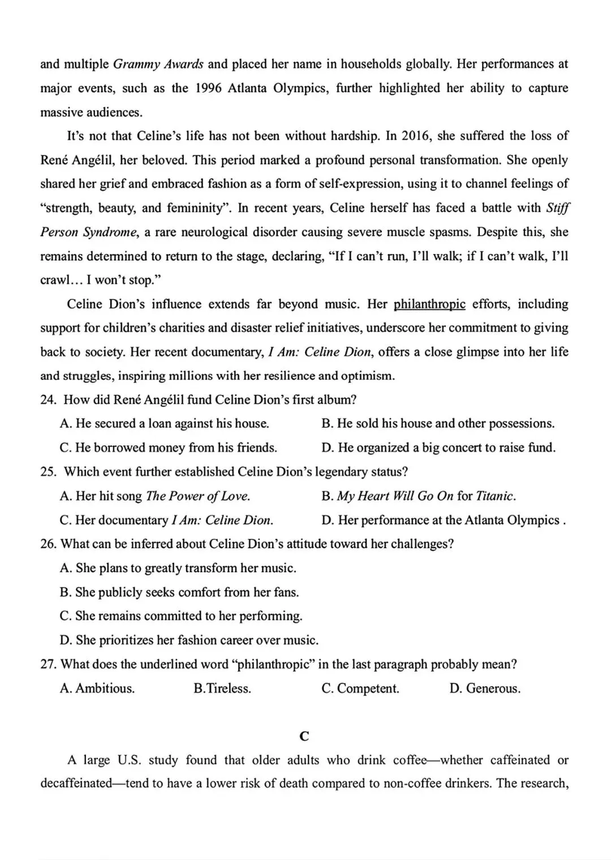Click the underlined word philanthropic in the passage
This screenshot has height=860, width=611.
429,304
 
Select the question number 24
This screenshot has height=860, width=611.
48,400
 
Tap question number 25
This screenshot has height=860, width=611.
48,472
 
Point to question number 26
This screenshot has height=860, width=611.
48,544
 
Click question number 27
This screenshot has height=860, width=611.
48,664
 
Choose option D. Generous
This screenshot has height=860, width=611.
485,689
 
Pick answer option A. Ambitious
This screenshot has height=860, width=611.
97,689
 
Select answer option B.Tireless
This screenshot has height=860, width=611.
222,689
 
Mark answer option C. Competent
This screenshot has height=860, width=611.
360,689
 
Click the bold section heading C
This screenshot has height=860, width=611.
304,736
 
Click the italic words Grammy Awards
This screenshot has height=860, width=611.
158,64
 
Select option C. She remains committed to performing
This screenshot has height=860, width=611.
181,616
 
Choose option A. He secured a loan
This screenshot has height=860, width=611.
164,424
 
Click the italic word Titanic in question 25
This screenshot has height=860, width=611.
495,496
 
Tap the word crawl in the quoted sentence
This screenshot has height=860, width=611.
54,281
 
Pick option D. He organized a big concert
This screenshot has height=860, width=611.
438,448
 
